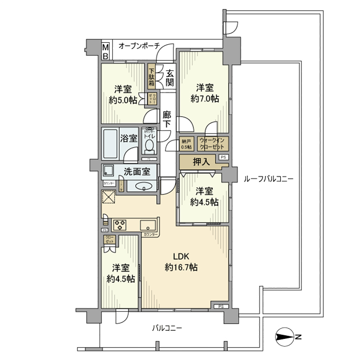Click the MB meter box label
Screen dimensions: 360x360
point(105,50)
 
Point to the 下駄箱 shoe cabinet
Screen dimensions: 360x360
point(152,77)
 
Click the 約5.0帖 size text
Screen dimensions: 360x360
point(122,100)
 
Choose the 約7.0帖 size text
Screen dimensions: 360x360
point(205,98)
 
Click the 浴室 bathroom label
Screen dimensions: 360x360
point(129,138)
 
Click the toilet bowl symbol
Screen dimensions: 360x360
point(149,146)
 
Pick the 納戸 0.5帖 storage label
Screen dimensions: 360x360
point(187,144)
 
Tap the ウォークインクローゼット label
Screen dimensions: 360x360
point(211,143)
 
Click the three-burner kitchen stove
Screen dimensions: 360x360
point(120,224)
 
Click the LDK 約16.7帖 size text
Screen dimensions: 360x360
point(182,267)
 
